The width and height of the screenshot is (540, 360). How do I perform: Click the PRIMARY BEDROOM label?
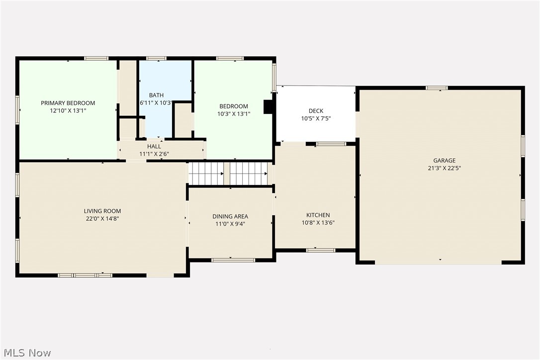click(68, 103)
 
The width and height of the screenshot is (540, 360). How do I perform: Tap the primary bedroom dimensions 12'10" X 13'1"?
click(68, 111)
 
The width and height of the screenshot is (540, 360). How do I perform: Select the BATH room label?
click(157, 95)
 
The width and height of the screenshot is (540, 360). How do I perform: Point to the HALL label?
click(154, 146)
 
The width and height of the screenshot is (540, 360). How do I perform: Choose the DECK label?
click(316, 111)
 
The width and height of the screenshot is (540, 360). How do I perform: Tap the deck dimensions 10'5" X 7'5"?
click(316, 119)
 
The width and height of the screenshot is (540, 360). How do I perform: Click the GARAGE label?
click(444, 161)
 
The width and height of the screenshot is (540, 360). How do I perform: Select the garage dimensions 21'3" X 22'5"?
click(444, 169)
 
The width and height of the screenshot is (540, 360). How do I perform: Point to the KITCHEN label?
click(318, 215)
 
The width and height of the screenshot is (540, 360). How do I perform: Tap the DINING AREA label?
click(230, 216)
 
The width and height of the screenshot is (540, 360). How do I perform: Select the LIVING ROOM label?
click(102, 211)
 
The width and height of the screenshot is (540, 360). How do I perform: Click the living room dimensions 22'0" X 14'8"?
click(102, 219)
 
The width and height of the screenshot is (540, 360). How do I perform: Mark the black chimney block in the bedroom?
click(268, 107)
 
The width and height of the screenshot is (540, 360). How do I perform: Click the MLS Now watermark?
click(26, 353)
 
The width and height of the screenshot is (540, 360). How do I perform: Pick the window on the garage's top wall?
click(437, 88)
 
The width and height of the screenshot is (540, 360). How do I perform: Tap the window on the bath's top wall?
click(156, 59)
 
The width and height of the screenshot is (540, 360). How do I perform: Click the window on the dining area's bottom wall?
click(233, 260)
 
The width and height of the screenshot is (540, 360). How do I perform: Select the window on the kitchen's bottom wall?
click(321, 250)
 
